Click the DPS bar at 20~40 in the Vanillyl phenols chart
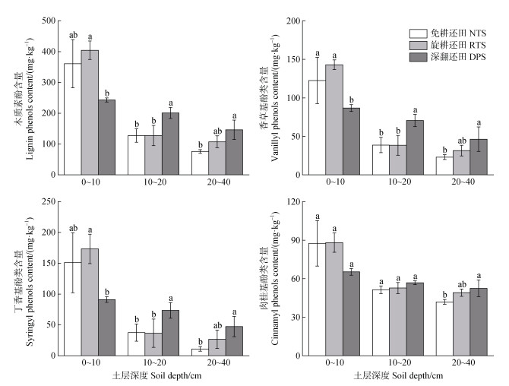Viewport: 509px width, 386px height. click(479, 157)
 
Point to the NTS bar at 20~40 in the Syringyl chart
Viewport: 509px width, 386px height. click(200, 352)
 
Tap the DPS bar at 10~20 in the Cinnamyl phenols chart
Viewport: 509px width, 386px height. click(415, 319)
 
